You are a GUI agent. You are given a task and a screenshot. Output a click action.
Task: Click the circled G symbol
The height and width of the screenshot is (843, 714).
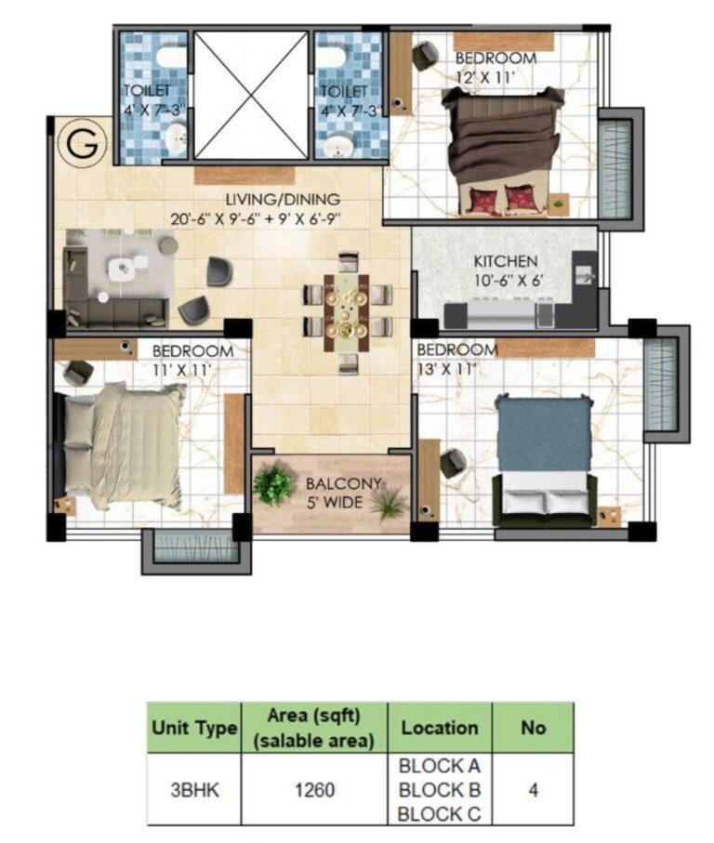click(x=83, y=145)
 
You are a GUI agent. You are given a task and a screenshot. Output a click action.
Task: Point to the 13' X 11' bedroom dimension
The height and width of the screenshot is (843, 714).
click(x=447, y=368)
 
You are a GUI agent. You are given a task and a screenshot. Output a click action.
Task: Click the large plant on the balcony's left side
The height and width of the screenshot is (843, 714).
click(x=273, y=483)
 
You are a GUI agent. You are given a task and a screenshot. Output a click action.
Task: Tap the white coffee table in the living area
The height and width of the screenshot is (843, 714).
click(x=123, y=270)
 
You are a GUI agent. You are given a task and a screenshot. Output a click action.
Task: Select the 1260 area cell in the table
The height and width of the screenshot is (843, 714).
click(x=315, y=791)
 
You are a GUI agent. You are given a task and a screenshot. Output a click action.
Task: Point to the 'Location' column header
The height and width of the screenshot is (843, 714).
click(x=440, y=728)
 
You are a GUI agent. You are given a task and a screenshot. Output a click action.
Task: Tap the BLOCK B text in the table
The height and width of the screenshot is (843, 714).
click(x=439, y=791)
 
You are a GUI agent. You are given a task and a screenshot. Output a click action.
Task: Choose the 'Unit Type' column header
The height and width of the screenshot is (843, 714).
click(x=193, y=729)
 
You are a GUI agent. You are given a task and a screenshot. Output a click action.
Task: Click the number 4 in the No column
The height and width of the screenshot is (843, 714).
click(x=533, y=791)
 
